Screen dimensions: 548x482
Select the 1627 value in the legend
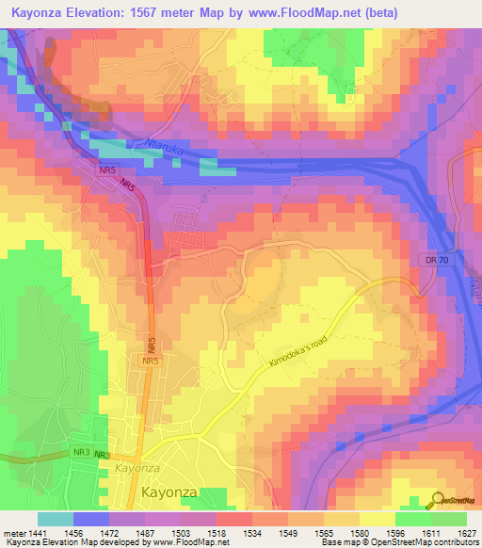[465, 533]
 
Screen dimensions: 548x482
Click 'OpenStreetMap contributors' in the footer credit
[424, 542]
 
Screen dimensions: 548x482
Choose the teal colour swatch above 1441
[55, 519]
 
